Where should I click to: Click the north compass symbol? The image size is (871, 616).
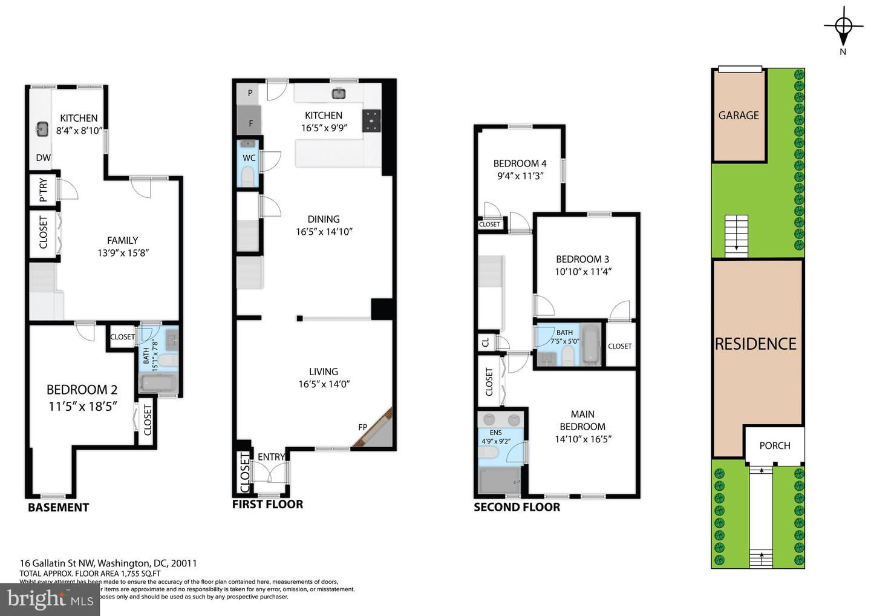coord(843,26)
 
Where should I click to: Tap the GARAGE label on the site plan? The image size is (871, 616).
coord(738,115)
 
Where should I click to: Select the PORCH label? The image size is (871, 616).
coord(774,445)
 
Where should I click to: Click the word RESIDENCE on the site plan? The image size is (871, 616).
coord(755,344)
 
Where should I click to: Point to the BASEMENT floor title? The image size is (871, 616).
coord(58,508)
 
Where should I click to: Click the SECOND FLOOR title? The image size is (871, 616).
coord(517,507)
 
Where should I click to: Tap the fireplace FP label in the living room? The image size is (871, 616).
coord(363,427)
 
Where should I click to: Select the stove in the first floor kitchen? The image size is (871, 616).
coord(371,121)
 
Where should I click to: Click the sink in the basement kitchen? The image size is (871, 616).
coord(42,129)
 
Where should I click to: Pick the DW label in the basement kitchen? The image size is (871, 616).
coord(43,158)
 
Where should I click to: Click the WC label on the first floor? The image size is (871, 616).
coord(249,158)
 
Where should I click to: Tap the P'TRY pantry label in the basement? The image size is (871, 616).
coord(43,190)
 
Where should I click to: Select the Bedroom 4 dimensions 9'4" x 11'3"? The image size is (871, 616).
coord(520,176)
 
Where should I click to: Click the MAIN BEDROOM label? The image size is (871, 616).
coord(582,420)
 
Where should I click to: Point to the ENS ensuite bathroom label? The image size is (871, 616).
coord(495,433)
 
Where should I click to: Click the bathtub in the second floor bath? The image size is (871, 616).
coord(590,345)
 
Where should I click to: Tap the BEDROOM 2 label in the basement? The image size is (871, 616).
coord(82,390)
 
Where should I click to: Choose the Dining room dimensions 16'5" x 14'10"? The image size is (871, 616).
coord(324,232)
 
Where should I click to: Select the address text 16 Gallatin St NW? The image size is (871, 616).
coord(57,563)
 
